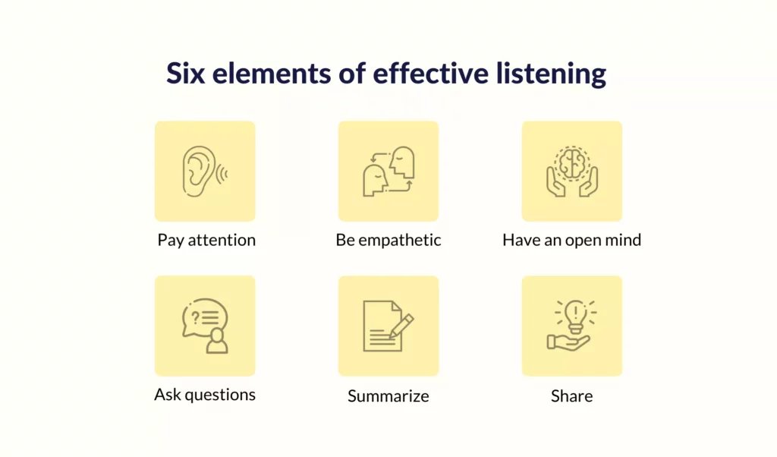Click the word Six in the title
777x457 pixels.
(185, 74)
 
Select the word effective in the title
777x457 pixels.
(431, 73)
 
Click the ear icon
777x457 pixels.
(199, 171)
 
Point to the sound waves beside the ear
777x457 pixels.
(222, 174)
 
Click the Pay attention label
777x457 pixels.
(206, 240)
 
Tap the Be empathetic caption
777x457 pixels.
(388, 240)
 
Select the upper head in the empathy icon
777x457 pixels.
(402, 162)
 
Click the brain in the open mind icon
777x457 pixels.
(572, 163)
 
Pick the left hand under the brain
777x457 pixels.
(555, 181)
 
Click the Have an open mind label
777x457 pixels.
(572, 240)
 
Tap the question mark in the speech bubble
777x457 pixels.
(195, 317)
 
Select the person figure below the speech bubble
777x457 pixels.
(216, 340)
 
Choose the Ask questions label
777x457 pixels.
(205, 395)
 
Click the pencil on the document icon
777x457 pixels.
(401, 326)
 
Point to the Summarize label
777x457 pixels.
(388, 396)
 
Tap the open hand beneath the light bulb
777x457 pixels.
(568, 342)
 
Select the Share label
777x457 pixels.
(572, 396)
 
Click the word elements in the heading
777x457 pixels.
(272, 74)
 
